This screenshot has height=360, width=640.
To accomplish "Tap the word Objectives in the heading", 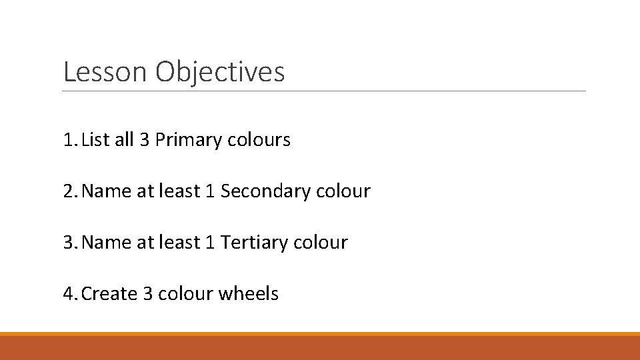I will click(220, 72).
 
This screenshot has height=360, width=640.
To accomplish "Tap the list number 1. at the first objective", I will click(69, 141).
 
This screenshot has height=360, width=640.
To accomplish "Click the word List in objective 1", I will click(95, 141).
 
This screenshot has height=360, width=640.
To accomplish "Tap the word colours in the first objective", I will click(259, 141).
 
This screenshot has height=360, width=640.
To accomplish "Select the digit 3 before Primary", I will click(145, 141).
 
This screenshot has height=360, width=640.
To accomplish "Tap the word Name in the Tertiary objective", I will click(107, 242).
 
